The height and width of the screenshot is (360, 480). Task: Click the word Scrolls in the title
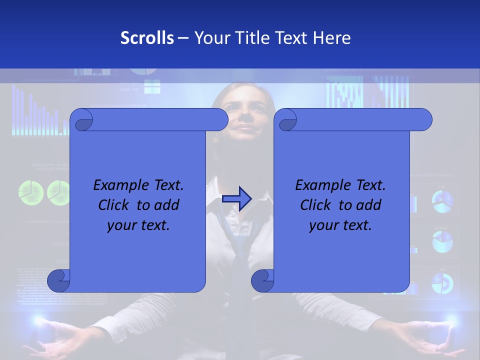pos(147,38)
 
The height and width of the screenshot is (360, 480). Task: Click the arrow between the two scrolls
pos(237,198)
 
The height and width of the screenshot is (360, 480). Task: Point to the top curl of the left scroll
pos(81,120)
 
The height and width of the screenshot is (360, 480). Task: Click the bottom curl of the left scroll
pos(59,280)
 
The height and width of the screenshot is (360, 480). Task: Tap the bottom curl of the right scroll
pos(262,280)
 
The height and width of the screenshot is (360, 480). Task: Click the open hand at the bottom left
pos(55,340)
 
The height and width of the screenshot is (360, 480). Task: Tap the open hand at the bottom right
pos(430,340)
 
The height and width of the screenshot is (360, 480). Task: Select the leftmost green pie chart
pos(30,192)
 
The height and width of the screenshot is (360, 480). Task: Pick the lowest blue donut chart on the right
pos(442,283)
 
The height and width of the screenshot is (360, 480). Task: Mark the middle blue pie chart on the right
pos(442,241)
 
